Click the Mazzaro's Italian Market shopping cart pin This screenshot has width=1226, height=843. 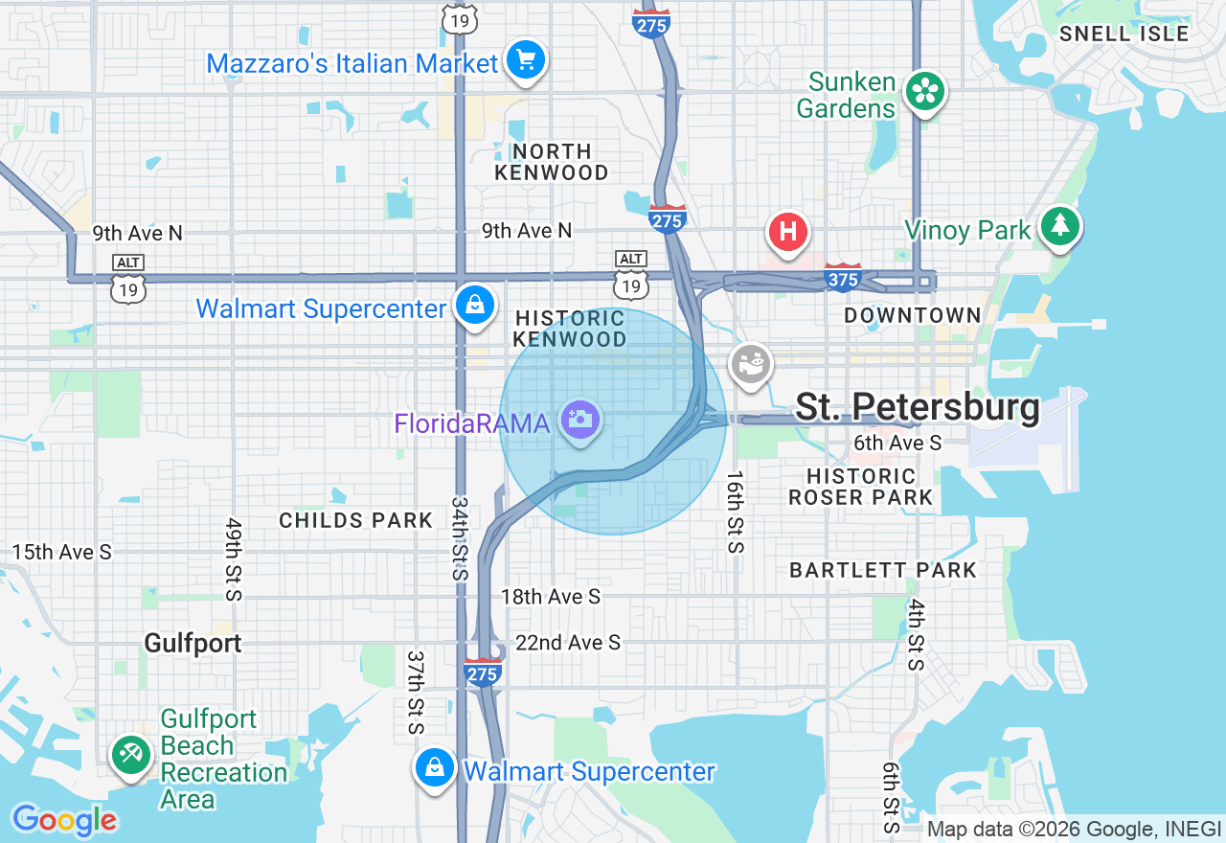pos(525,60)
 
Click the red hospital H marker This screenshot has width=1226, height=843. pos(787,233)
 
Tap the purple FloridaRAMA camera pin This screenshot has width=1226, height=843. pos(579,420)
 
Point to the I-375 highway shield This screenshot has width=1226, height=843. pos(843,278)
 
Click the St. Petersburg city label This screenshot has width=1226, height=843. pos(917,407)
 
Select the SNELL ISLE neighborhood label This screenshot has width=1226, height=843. pos(1124,34)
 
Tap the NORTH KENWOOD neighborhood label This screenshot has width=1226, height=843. pos(551,162)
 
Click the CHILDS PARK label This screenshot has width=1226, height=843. pos(355,520)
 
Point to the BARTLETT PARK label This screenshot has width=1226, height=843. pos(882,570)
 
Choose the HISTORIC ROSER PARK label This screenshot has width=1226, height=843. pos(860,487)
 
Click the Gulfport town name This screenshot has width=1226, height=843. pos(193,643)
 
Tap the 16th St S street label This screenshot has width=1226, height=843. pos(735,512)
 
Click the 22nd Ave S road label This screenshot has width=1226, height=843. pos(567,643)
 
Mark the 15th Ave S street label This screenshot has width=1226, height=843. pos(61,553)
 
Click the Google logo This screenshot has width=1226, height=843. pos(64,820)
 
